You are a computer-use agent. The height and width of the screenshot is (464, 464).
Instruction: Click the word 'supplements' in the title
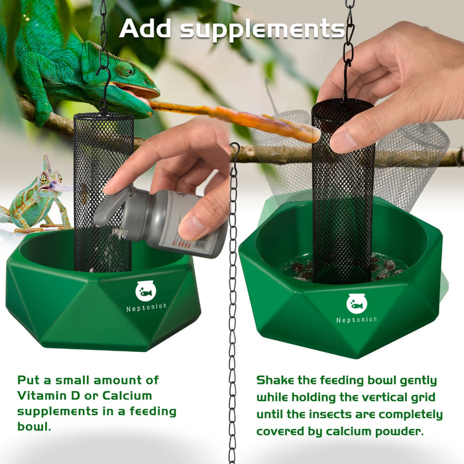262,30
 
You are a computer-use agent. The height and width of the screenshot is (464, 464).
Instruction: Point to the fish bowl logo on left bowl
146,290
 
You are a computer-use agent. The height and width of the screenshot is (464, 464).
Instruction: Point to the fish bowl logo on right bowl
357,304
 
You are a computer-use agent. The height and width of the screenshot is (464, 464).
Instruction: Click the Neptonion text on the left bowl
146,307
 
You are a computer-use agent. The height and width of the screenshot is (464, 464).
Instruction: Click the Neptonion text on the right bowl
357,319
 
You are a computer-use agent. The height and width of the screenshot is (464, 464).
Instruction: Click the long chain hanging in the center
233,298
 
